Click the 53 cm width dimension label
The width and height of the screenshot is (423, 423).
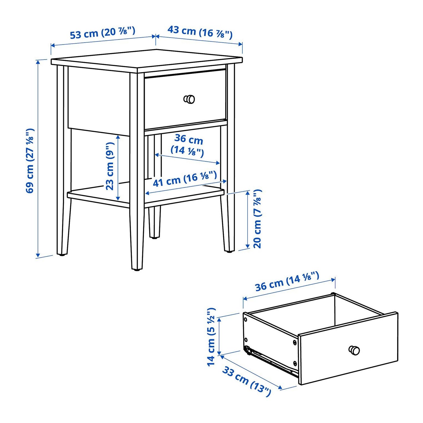tap(102, 32)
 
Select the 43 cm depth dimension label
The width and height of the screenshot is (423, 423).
tap(200, 32)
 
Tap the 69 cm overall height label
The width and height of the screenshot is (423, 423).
tap(30, 161)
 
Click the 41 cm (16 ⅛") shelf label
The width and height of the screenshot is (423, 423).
tap(185, 179)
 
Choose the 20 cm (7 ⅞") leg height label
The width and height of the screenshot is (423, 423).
tap(257, 219)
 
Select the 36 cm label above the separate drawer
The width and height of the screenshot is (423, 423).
tap(287, 281)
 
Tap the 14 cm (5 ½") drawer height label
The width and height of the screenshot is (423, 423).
tap(211, 337)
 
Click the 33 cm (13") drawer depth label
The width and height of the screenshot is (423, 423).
tap(247, 381)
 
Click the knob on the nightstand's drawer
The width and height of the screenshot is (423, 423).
tap(189, 99)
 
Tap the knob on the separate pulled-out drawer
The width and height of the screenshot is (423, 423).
tap(354, 350)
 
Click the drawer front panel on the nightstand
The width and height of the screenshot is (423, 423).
tap(185, 99)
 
